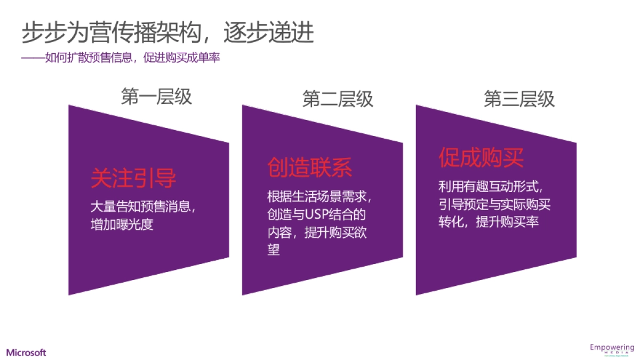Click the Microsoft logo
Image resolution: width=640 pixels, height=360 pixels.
tap(26, 353)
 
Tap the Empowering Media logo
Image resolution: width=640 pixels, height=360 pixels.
tap(611, 350)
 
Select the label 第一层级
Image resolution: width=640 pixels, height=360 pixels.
tap(156, 97)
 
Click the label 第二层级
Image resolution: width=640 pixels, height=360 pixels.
tap(338, 99)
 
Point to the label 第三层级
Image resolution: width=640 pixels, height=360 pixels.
tap(519, 99)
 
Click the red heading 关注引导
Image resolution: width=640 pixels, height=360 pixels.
tap(133, 179)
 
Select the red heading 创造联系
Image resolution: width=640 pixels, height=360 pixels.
tap(310, 167)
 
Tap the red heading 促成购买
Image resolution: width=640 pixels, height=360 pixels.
tap(481, 157)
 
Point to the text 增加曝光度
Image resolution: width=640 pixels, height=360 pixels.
tap(122, 225)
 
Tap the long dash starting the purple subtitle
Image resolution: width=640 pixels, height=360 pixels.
tap(33, 58)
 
